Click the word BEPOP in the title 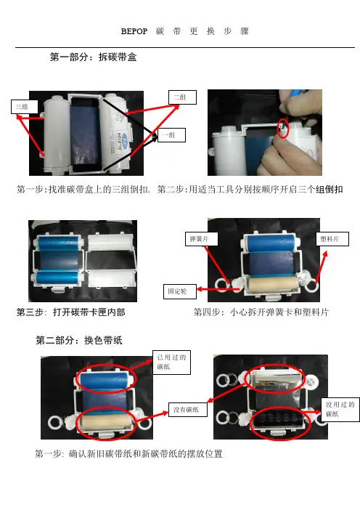(134, 31)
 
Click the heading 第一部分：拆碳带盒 (93, 57)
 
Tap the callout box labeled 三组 (25, 107)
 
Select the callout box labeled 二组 (182, 97)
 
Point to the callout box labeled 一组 (171, 135)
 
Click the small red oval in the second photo (282, 128)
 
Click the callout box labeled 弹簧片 (202, 239)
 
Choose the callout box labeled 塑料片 (332, 239)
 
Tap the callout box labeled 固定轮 (180, 291)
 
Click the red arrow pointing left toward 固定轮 (218, 289)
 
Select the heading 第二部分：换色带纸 (79, 340)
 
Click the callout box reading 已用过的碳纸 (171, 362)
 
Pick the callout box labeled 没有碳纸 (188, 410)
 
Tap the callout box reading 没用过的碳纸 (340, 410)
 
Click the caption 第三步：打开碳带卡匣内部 (71, 312)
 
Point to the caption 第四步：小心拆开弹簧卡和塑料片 (261, 312)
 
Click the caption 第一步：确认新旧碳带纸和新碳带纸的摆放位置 (128, 453)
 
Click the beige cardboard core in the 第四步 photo (272, 285)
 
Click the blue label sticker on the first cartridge (119, 141)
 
